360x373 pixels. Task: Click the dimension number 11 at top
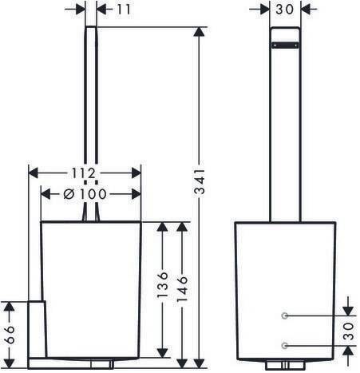pyautogui.click(x=124, y=10)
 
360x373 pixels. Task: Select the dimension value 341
pyautogui.click(x=200, y=181)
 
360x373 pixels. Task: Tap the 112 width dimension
pyautogui.click(x=83, y=173)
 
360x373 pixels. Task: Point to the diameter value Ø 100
pyautogui.click(x=85, y=194)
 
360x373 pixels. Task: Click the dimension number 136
pyautogui.click(x=162, y=284)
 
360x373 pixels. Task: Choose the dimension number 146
pyautogui.click(x=182, y=289)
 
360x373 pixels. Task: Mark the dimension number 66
pyautogui.click(x=10, y=335)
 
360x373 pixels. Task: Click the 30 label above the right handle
pyautogui.click(x=284, y=10)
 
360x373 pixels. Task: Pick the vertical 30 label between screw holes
pyautogui.click(x=348, y=331)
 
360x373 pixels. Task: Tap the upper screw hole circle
pyautogui.click(x=284, y=315)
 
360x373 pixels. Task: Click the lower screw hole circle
pyautogui.click(x=284, y=345)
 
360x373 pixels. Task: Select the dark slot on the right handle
pyautogui.click(x=285, y=46)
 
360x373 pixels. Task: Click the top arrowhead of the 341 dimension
pyautogui.click(x=200, y=32)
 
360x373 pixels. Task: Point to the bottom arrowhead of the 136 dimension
pyautogui.click(x=162, y=353)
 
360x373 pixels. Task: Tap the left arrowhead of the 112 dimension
pyautogui.click(x=34, y=173)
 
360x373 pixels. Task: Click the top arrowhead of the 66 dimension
pyautogui.click(x=10, y=307)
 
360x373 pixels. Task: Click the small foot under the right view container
pyautogui.click(x=285, y=365)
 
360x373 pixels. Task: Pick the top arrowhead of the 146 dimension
pyautogui.click(x=182, y=227)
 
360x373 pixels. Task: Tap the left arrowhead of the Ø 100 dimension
pyautogui.click(x=45, y=194)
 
